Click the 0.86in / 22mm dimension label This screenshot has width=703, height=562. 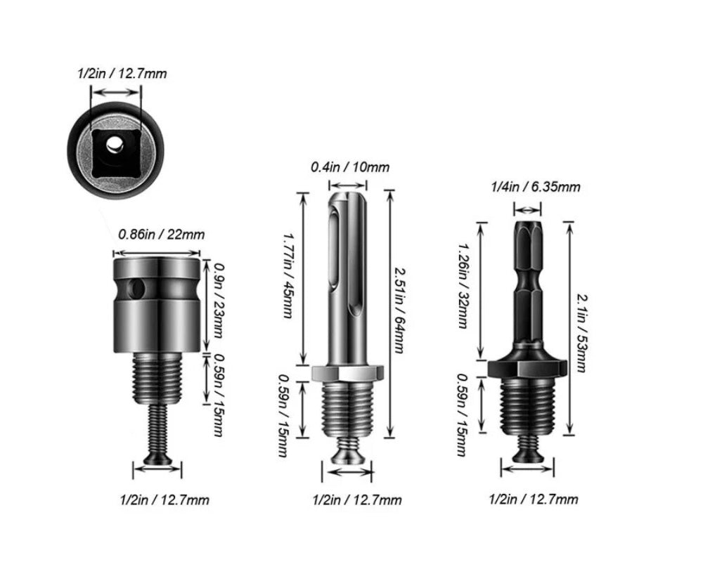[x=162, y=235]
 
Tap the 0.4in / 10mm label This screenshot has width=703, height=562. [x=350, y=167]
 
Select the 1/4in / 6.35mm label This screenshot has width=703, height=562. [x=535, y=186]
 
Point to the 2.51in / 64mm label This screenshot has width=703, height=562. [x=399, y=310]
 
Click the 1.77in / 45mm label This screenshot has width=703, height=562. [x=289, y=275]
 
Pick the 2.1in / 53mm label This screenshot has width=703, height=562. [x=581, y=333]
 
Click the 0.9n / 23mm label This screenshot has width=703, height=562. [x=219, y=301]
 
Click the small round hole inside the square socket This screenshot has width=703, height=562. [x=114, y=144]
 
